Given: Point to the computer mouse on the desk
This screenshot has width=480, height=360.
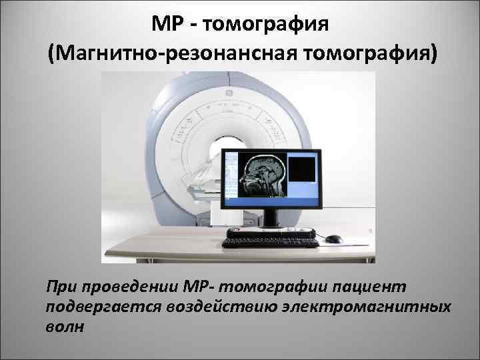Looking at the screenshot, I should (333, 239).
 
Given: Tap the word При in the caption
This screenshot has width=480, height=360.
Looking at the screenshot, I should (62, 286).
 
